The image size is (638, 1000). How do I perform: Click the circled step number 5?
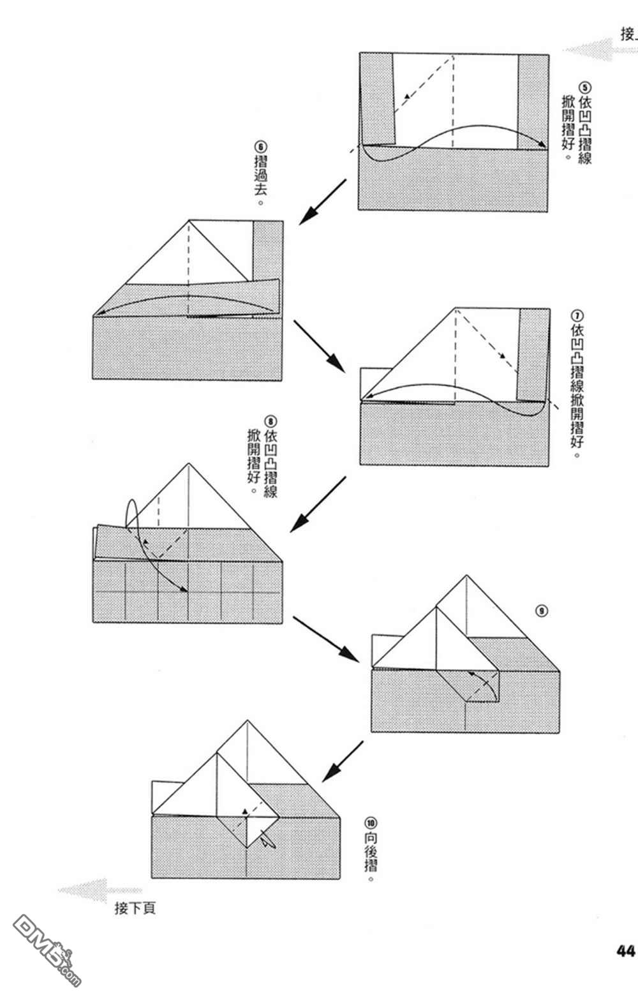tap(585, 87)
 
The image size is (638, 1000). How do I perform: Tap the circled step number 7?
tap(578, 316)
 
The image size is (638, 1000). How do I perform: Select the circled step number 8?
tap(271, 422)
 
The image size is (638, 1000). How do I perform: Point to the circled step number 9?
tap(542, 611)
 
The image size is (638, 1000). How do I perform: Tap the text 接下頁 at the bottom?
tap(135, 908)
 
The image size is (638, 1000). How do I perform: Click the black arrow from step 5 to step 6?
tap(322, 202)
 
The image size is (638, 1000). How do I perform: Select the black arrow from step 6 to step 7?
tap(319, 345)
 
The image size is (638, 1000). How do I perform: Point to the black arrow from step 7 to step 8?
tap(318, 504)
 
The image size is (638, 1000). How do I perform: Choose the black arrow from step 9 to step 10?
tap(343, 761)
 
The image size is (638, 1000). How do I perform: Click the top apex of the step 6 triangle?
tap(189, 221)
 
